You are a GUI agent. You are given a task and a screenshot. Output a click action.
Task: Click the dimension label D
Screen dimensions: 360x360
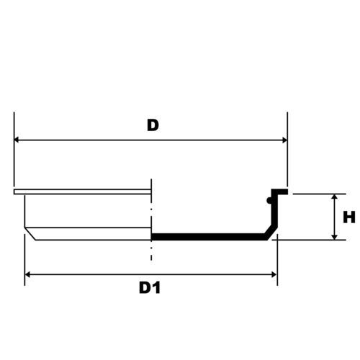153,125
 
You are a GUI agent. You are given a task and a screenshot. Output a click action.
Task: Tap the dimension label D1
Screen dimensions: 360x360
150,288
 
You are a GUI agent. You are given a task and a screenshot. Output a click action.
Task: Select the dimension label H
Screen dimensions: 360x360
349,217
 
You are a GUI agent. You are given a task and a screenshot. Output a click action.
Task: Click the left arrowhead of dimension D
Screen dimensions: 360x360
17,140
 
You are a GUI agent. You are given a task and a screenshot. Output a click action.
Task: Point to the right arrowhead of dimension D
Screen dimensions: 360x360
284,140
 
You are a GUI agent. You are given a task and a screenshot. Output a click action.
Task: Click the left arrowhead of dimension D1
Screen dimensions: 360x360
27,274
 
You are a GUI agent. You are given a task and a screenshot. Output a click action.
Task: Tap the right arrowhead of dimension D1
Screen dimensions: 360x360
274,274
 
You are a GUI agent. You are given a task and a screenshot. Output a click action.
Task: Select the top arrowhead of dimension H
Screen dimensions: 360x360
334,197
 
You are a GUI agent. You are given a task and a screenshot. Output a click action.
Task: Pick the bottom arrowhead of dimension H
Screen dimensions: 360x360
334,236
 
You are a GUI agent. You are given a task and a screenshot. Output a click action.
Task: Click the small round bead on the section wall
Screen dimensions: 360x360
269,200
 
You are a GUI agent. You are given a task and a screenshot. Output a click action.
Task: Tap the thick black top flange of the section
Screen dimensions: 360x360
279,192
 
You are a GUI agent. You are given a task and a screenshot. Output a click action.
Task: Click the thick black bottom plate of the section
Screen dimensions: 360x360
209,237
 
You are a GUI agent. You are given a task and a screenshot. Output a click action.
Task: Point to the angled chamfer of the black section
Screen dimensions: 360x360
271,233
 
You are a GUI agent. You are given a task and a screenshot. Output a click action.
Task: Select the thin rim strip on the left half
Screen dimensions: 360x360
82,192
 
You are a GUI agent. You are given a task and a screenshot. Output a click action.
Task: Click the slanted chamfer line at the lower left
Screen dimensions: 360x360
30,233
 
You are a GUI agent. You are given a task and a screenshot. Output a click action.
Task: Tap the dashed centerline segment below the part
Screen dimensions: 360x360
151,253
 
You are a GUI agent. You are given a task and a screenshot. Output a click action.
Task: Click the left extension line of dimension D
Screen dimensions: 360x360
14,149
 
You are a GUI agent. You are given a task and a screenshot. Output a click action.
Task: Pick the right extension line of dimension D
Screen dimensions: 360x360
287,149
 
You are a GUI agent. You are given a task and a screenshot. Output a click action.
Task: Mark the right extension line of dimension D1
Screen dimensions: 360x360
277,260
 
